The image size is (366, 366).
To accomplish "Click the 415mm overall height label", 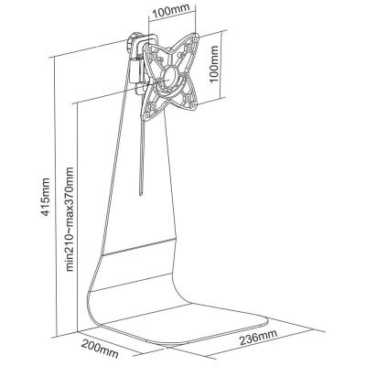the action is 45,197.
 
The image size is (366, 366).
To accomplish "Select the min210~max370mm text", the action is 70,219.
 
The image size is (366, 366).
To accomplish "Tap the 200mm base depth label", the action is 100,349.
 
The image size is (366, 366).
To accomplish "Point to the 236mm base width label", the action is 258,337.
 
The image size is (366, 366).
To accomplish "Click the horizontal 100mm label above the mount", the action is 171,12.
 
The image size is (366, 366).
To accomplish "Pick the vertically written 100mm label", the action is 214,63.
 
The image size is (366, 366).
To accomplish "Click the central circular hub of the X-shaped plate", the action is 171,76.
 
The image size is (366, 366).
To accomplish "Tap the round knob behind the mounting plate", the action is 134,41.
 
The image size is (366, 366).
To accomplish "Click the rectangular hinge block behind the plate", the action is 135,70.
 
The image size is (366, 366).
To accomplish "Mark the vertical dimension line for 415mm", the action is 55,198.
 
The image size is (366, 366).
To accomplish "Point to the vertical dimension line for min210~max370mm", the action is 78,217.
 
